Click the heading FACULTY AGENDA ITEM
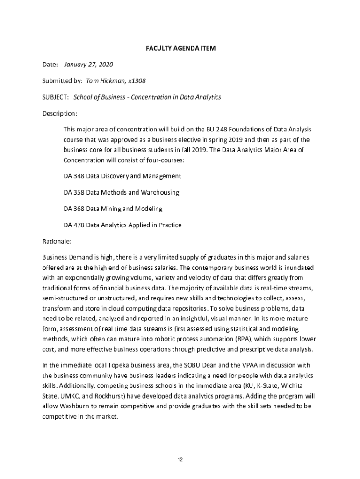tap(180, 48)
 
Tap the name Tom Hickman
tap(105, 81)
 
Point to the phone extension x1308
tap(136, 81)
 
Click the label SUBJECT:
tap(56, 97)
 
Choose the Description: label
tap(60, 114)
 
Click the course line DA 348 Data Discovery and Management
tap(122, 176)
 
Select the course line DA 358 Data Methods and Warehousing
tap(121, 192)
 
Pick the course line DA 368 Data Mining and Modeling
tap(113, 209)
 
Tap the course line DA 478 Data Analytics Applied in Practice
tap(122, 225)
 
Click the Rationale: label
tap(57, 241)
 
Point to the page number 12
tap(180, 460)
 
